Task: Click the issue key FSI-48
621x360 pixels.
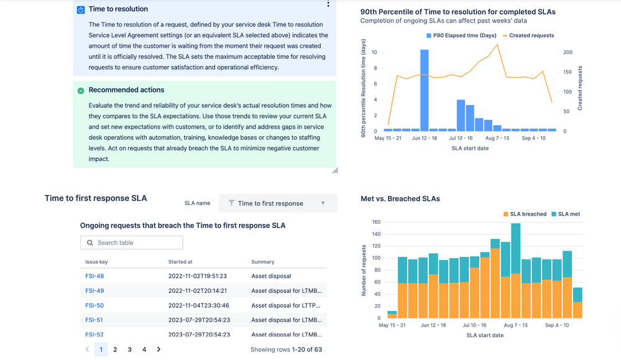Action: click(x=94, y=276)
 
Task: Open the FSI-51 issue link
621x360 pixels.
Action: click(x=94, y=320)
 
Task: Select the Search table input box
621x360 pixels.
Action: click(x=132, y=242)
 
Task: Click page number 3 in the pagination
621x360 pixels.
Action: click(x=129, y=349)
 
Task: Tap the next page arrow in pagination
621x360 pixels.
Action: click(x=159, y=349)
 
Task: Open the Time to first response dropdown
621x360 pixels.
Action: click(x=278, y=203)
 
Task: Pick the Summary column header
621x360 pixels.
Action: click(x=263, y=262)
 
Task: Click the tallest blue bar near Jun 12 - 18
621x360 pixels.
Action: click(x=425, y=90)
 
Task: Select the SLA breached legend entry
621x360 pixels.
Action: click(x=525, y=214)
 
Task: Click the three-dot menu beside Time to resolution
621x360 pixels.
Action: click(x=328, y=4)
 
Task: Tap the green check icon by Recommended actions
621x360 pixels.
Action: click(x=81, y=90)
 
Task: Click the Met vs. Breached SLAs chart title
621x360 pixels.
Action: click(x=400, y=198)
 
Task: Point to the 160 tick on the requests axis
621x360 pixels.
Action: click(x=376, y=222)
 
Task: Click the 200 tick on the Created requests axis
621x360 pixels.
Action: click(x=568, y=52)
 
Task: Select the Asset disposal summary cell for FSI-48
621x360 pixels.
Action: click(x=271, y=276)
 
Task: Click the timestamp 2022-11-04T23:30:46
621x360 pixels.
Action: click(x=199, y=305)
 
